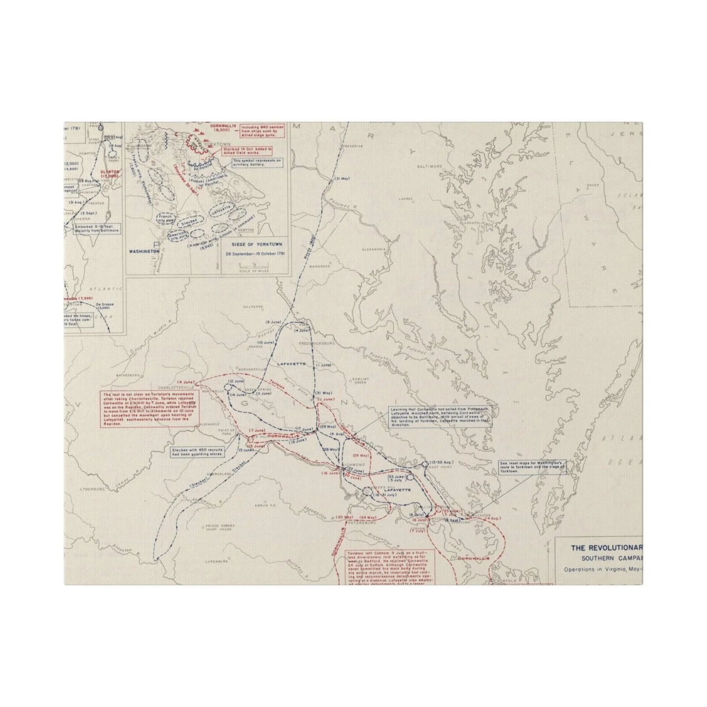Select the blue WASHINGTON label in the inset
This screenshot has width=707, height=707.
(x=144, y=251)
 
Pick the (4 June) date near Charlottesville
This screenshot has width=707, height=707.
(x=186, y=382)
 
